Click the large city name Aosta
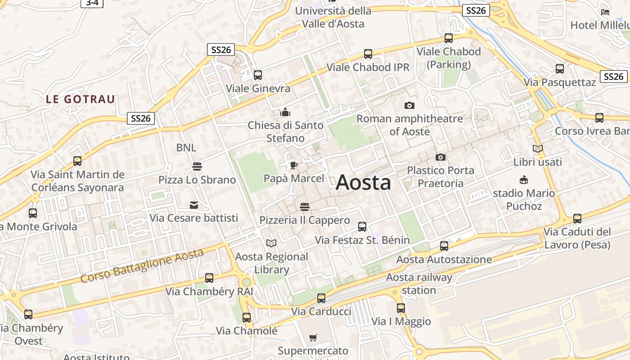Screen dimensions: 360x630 pos(363,183)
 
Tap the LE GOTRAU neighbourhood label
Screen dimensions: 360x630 pos(81,99)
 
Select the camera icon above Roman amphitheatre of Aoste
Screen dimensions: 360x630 pos(409,106)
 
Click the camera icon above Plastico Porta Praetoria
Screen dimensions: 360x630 pos(441,157)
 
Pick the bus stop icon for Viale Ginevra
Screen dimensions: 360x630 pos(258,75)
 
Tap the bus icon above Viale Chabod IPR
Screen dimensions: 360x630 pos(368,54)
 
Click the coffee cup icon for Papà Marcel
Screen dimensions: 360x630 pos(293,166)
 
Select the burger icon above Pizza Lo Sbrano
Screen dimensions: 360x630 pos(197,166)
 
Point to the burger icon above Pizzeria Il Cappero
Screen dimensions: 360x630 pos(305,207)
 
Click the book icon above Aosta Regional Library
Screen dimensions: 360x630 pos(271,243)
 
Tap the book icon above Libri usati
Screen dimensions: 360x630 pos(537,148)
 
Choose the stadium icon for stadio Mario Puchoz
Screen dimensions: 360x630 pos(524,180)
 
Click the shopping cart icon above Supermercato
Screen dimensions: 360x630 pos(313,337)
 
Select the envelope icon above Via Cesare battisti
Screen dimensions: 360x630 pos(193,205)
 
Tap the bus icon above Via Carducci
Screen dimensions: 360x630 pos(321,298)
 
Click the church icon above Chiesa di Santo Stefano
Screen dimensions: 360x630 pos(285,112)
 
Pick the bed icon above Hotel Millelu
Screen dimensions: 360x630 pos(605,12)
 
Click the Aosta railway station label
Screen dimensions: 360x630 pos(418,283)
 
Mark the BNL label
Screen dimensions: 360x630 pos(186,148)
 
